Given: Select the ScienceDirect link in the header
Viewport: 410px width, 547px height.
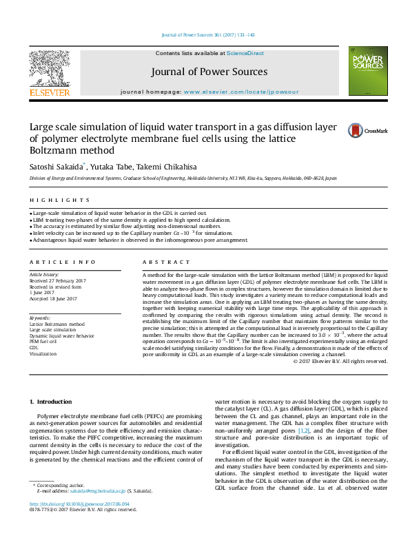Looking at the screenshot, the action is [245, 53].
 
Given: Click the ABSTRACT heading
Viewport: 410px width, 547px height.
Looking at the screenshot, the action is [166, 262].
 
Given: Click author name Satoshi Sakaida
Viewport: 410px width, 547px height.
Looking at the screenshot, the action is [56, 166].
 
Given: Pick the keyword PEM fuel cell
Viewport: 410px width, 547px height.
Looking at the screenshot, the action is [43, 341].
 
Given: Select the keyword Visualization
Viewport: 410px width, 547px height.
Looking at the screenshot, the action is [42, 353].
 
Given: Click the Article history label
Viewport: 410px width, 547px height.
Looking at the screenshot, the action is [43, 274].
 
